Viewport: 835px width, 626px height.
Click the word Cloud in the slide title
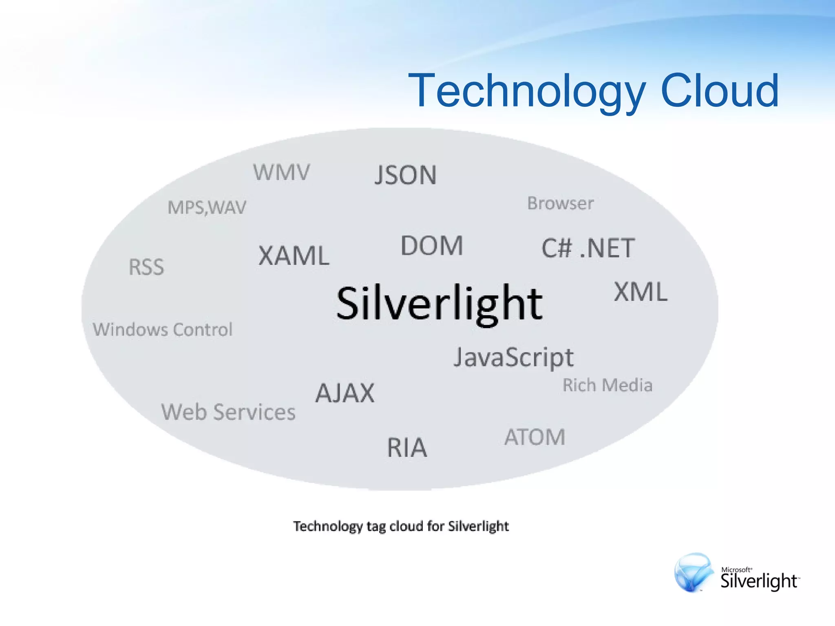tap(719, 90)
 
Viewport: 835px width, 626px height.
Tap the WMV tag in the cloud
tap(281, 172)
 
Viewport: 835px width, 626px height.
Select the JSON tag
tap(405, 175)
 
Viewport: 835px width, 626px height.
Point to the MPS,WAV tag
tap(207, 207)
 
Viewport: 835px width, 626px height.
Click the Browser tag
tap(561, 203)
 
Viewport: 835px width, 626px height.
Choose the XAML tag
tap(294, 256)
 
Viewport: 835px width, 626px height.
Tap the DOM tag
tap(432, 246)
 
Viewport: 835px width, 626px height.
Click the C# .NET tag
tap(588, 248)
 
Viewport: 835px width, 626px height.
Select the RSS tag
tap(146, 267)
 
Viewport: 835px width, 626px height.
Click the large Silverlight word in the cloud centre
tap(439, 304)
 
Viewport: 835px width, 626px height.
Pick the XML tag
tap(641, 292)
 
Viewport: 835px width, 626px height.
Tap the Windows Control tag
tap(163, 329)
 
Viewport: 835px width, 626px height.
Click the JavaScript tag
tap(514, 357)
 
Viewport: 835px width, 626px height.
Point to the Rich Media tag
tap(607, 385)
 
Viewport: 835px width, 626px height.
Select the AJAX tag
tap(345, 393)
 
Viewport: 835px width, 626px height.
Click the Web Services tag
tap(228, 412)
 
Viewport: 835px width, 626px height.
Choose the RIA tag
tap(407, 447)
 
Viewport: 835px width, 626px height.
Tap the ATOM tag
tap(535, 437)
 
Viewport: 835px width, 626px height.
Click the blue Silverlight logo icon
tap(693, 572)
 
